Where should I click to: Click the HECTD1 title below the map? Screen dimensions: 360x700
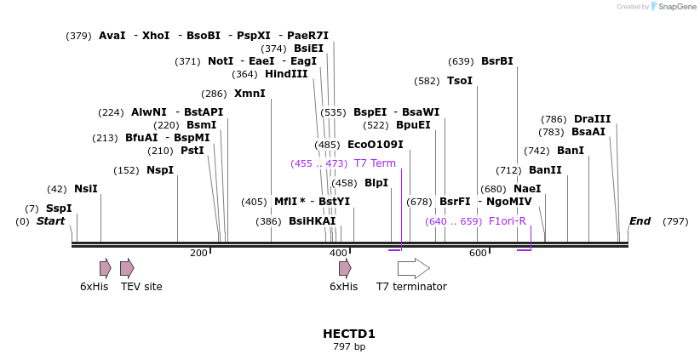coord(349,334)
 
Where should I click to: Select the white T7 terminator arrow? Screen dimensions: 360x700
coord(413,268)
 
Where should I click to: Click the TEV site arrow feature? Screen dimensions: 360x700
coord(127,268)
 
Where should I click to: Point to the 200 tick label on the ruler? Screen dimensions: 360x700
coord(198,253)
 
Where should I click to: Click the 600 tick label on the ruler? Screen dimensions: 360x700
coord(478,253)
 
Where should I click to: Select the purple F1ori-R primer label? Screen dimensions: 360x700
coord(507,221)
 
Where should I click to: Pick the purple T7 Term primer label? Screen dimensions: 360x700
coord(375,163)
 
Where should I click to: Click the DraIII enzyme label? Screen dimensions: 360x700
coord(592,119)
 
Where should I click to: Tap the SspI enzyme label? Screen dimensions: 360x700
coord(59,209)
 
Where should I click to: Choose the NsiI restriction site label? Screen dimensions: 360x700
coord(85,189)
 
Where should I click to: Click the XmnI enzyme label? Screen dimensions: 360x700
coord(250,94)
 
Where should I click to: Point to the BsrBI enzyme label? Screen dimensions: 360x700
coord(496,61)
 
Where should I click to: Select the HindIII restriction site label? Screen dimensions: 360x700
coord(286,74)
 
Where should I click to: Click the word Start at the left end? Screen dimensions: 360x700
coord(50,221)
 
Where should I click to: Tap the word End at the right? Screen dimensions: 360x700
coord(640,221)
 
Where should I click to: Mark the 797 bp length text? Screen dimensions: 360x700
coord(349,347)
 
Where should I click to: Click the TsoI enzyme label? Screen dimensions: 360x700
coord(459,81)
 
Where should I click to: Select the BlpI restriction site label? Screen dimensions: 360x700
coord(376,183)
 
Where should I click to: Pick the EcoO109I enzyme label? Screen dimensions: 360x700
coord(375,145)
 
